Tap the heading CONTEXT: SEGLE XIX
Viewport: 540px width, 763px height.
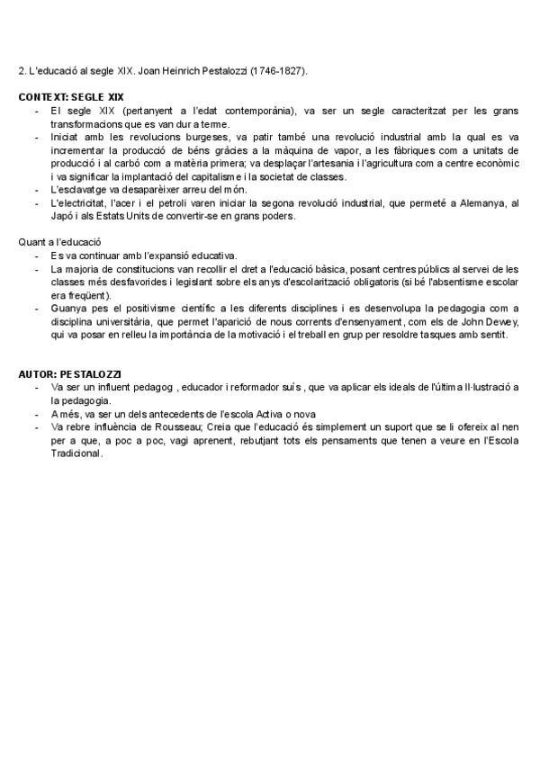[x=70, y=96]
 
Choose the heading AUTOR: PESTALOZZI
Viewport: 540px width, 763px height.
[x=70, y=373]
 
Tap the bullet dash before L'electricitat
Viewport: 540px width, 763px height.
[x=36, y=204]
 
